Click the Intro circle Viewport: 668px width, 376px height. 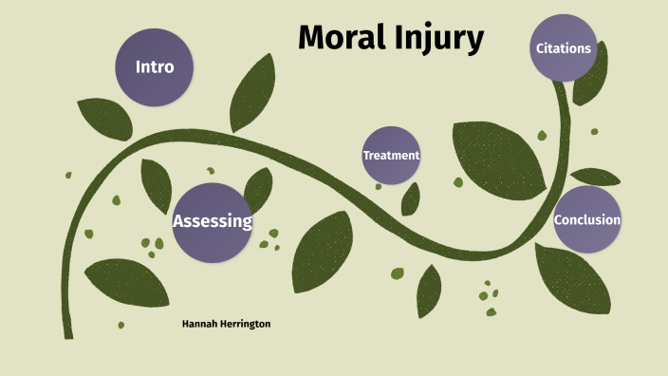154,68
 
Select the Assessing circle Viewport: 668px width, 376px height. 212,222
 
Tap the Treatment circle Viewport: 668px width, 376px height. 391,155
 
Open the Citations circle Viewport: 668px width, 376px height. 564,48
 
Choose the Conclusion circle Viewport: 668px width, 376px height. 587,219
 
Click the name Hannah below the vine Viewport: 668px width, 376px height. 201,324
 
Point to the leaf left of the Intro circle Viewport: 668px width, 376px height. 104,119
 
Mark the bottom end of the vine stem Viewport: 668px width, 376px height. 67,332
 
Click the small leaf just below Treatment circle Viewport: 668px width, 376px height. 411,198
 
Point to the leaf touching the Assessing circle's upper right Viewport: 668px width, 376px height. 258,186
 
